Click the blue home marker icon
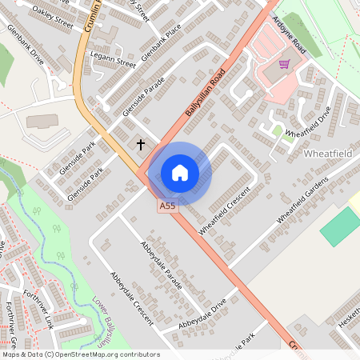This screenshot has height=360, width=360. click(x=180, y=173)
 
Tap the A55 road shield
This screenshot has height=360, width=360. click(x=166, y=206)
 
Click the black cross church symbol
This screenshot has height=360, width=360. click(x=142, y=145)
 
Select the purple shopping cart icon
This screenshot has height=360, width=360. click(x=284, y=64)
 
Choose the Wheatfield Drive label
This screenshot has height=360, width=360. click(x=308, y=126)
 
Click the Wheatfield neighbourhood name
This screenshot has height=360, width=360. click(x=328, y=152)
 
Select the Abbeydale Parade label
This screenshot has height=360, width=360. click(x=161, y=265)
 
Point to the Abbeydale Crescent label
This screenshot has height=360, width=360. click(x=131, y=296)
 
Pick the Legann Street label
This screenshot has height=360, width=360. click(x=114, y=61)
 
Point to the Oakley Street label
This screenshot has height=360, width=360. click(x=53, y=18)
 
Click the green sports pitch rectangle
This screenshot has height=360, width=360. click(x=340, y=226)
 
